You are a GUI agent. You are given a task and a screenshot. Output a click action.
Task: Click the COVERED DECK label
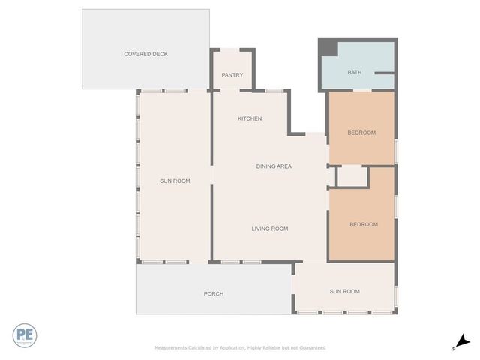pos(145,54)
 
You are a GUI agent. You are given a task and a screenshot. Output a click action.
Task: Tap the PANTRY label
pos(232,75)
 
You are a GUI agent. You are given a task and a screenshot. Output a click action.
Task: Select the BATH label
pos(354,73)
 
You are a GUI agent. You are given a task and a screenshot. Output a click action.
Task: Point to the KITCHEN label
pos(250,118)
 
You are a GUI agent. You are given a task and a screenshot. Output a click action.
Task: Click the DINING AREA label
pos(274,166)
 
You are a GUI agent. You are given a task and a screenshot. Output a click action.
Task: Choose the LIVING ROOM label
pos(269,229)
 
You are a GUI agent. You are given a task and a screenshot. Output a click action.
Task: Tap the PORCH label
pos(214,293)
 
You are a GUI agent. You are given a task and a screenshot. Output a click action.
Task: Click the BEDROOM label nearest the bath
pos(361,133)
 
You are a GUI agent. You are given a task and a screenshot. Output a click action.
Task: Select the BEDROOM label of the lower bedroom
pos(364,224)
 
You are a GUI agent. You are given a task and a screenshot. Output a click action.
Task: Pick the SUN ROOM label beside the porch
pos(345,291)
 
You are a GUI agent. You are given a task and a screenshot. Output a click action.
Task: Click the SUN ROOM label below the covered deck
pos(175,181)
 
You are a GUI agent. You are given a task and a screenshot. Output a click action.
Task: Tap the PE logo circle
pos(25,335)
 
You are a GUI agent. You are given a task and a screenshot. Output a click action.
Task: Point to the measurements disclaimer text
pos(240,347)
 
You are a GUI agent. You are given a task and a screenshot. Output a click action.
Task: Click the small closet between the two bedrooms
pos(351,177)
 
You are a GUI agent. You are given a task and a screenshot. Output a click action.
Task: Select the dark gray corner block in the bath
pos(328,47)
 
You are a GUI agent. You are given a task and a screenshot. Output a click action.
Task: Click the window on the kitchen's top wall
pos(274,91)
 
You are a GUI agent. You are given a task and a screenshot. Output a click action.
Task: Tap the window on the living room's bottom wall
pos(241,262)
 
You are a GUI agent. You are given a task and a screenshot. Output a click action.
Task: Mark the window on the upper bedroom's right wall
pos(395,151)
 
